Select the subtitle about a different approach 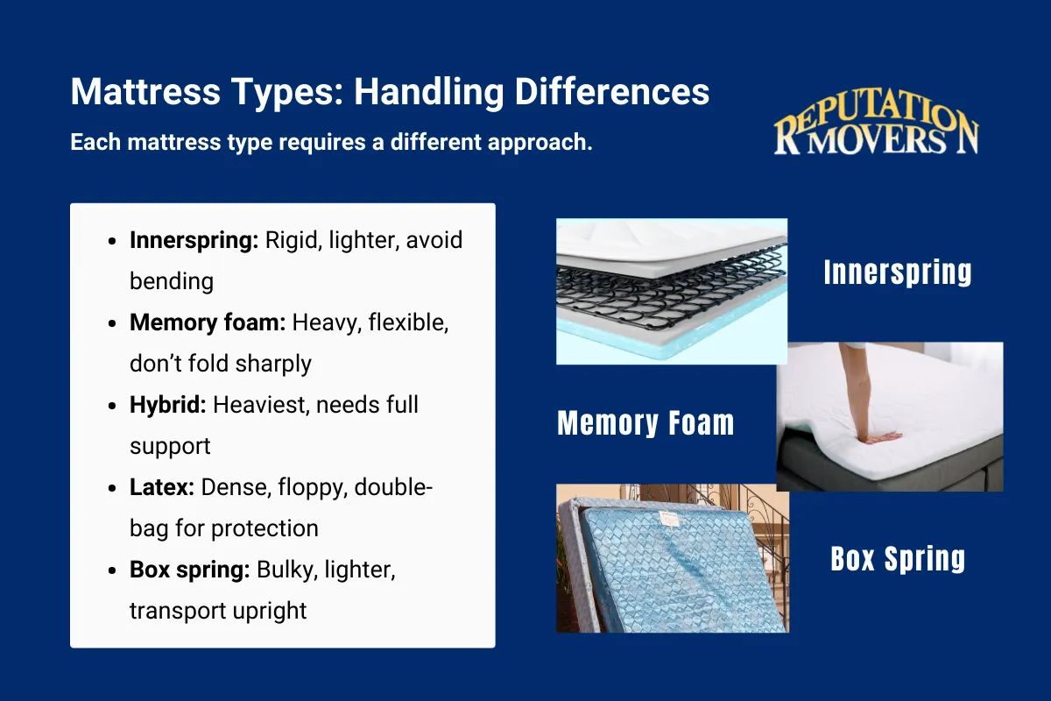click(331, 142)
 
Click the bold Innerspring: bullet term click(194, 240)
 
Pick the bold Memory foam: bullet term click(208, 322)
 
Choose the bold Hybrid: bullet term click(167, 405)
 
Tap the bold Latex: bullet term click(162, 487)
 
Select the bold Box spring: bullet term click(190, 570)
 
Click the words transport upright click(218, 611)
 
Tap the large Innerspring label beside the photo click(898, 273)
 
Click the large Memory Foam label click(645, 424)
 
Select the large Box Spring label click(898, 558)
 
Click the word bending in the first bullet click(171, 281)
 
